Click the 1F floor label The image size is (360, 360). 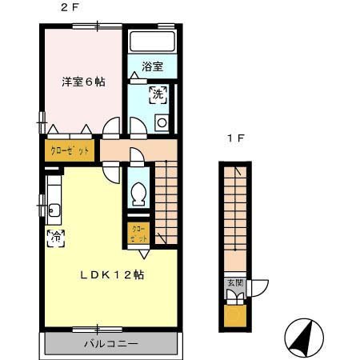[x=234, y=138]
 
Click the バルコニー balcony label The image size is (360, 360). [x=111, y=344]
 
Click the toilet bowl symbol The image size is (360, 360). [x=138, y=192]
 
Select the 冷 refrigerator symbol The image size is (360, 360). [x=56, y=238]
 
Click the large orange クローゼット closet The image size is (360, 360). [x=70, y=150]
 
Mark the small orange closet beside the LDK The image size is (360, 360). [x=137, y=234]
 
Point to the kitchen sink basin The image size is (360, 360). [x=54, y=211]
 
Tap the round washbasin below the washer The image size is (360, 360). [x=160, y=122]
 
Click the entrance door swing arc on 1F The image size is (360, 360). [x=261, y=287]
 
